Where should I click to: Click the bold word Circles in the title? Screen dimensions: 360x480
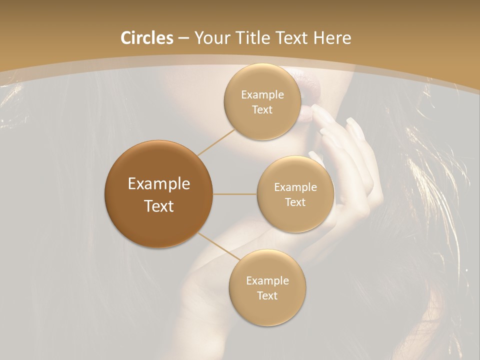pyautogui.click(x=146, y=38)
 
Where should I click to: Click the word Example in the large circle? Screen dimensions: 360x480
pyautogui.click(x=159, y=184)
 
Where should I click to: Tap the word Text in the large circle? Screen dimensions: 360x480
pyautogui.click(x=159, y=206)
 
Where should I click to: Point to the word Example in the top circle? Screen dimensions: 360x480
pyautogui.click(x=262, y=95)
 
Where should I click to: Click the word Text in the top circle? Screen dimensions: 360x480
pyautogui.click(x=262, y=110)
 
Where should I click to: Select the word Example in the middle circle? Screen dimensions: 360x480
pyautogui.click(x=295, y=187)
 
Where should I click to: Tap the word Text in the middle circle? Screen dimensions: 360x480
pyautogui.click(x=295, y=202)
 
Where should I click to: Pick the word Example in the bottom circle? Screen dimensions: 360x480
pyautogui.click(x=267, y=281)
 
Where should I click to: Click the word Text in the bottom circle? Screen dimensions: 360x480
pyautogui.click(x=267, y=296)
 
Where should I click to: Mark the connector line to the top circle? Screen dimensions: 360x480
pyautogui.click(x=216, y=142)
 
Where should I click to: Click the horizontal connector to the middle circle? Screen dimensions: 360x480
pyautogui.click(x=235, y=194)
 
